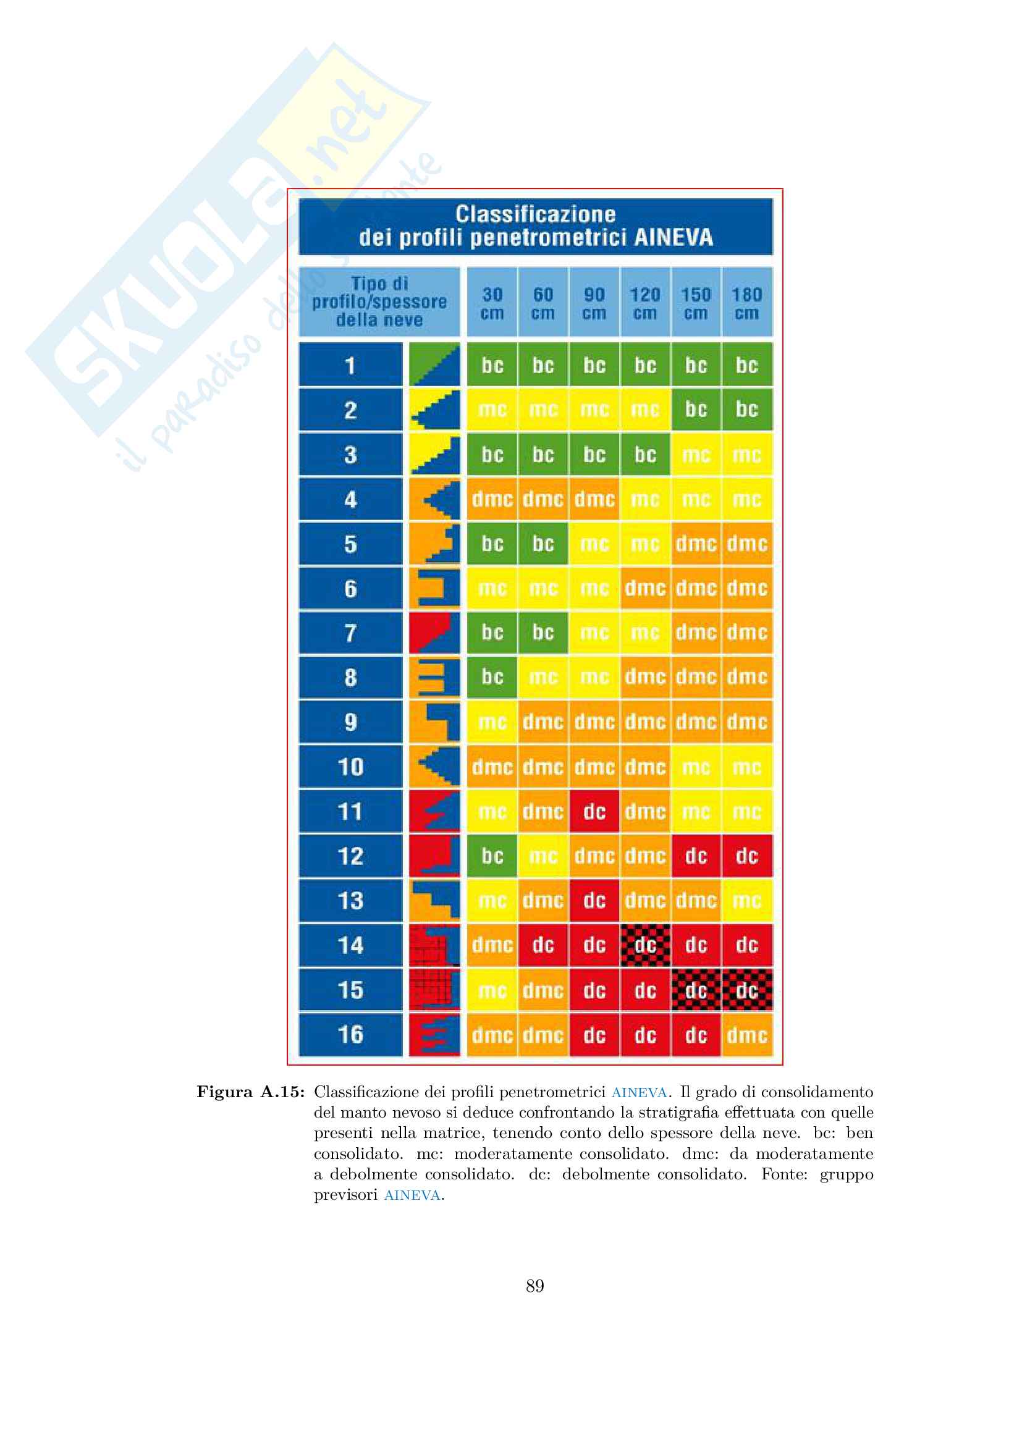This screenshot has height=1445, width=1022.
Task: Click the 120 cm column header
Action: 645,303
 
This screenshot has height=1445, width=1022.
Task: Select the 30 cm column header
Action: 492,303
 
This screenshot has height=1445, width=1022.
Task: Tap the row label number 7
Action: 350,633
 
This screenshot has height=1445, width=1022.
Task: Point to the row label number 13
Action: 350,901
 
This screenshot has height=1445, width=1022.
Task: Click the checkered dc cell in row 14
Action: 645,945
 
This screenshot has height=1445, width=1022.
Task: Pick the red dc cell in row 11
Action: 594,811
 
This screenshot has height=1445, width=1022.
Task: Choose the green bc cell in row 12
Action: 492,856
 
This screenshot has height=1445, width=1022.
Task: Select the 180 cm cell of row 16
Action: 747,1035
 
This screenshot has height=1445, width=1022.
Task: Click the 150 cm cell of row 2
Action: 696,409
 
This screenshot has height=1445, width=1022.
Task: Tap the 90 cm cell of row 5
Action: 594,544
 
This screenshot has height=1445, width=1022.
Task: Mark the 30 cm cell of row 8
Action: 492,677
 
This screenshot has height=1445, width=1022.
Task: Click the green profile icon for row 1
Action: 434,364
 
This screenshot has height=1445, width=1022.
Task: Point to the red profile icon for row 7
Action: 434,633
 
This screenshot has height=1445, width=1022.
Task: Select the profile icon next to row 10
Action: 434,767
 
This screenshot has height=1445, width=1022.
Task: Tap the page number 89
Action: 535,1286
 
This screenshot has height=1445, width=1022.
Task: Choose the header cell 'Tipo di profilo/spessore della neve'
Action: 379,301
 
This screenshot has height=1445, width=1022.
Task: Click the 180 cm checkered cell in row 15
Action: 747,990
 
